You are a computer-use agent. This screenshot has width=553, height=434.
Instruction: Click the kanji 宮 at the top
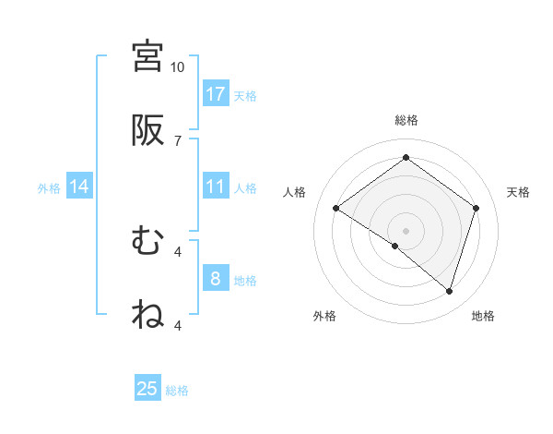click(x=147, y=57)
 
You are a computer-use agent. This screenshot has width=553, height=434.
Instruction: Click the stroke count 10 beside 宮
click(x=177, y=67)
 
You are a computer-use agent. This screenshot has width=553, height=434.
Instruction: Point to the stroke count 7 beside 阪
click(x=177, y=140)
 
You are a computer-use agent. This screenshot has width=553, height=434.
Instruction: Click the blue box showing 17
click(x=216, y=94)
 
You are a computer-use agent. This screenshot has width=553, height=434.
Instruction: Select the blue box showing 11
click(x=216, y=187)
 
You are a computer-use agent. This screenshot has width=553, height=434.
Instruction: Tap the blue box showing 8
click(x=216, y=279)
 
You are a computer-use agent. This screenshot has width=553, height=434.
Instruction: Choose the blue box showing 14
click(x=79, y=187)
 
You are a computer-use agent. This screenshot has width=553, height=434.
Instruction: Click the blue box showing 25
click(x=147, y=389)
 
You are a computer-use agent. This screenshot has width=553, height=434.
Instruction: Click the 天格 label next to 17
click(x=244, y=95)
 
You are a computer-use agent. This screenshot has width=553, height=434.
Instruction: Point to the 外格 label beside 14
click(x=49, y=187)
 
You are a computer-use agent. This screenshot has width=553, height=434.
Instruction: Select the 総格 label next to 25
click(x=177, y=390)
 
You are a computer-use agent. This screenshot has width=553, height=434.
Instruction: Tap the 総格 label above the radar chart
click(x=406, y=120)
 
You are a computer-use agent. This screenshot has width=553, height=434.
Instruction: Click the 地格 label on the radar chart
click(x=483, y=316)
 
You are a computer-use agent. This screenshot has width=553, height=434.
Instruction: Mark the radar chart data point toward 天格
click(x=476, y=209)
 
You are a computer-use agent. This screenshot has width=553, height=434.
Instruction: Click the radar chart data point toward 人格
click(x=336, y=209)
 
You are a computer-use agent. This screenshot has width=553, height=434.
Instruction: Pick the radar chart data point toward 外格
click(x=395, y=246)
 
